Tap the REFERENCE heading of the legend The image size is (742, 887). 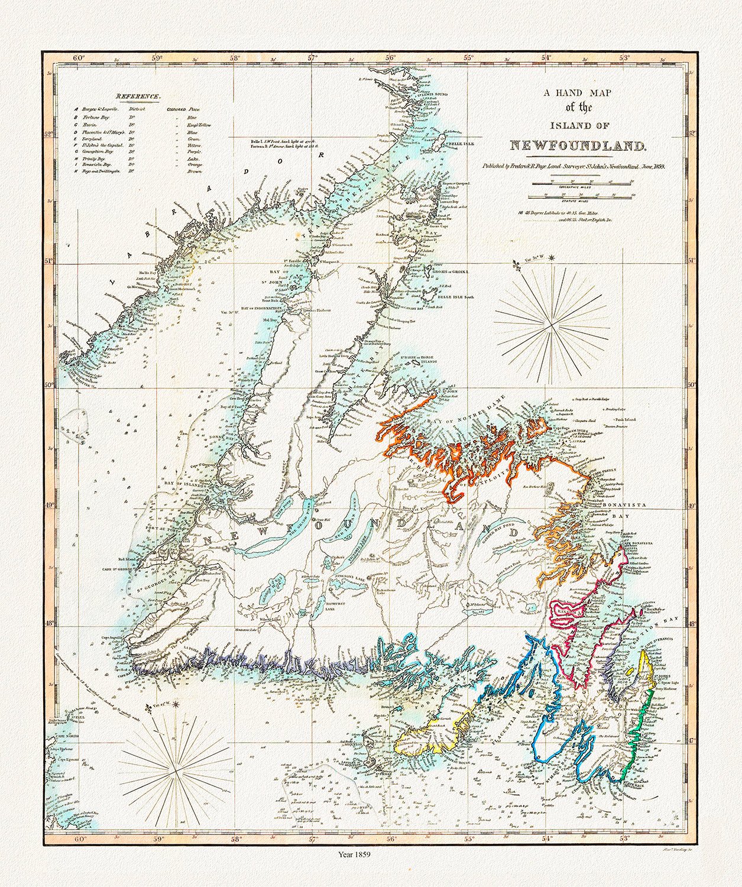pos(137,96)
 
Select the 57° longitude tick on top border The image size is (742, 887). pos(312,58)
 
